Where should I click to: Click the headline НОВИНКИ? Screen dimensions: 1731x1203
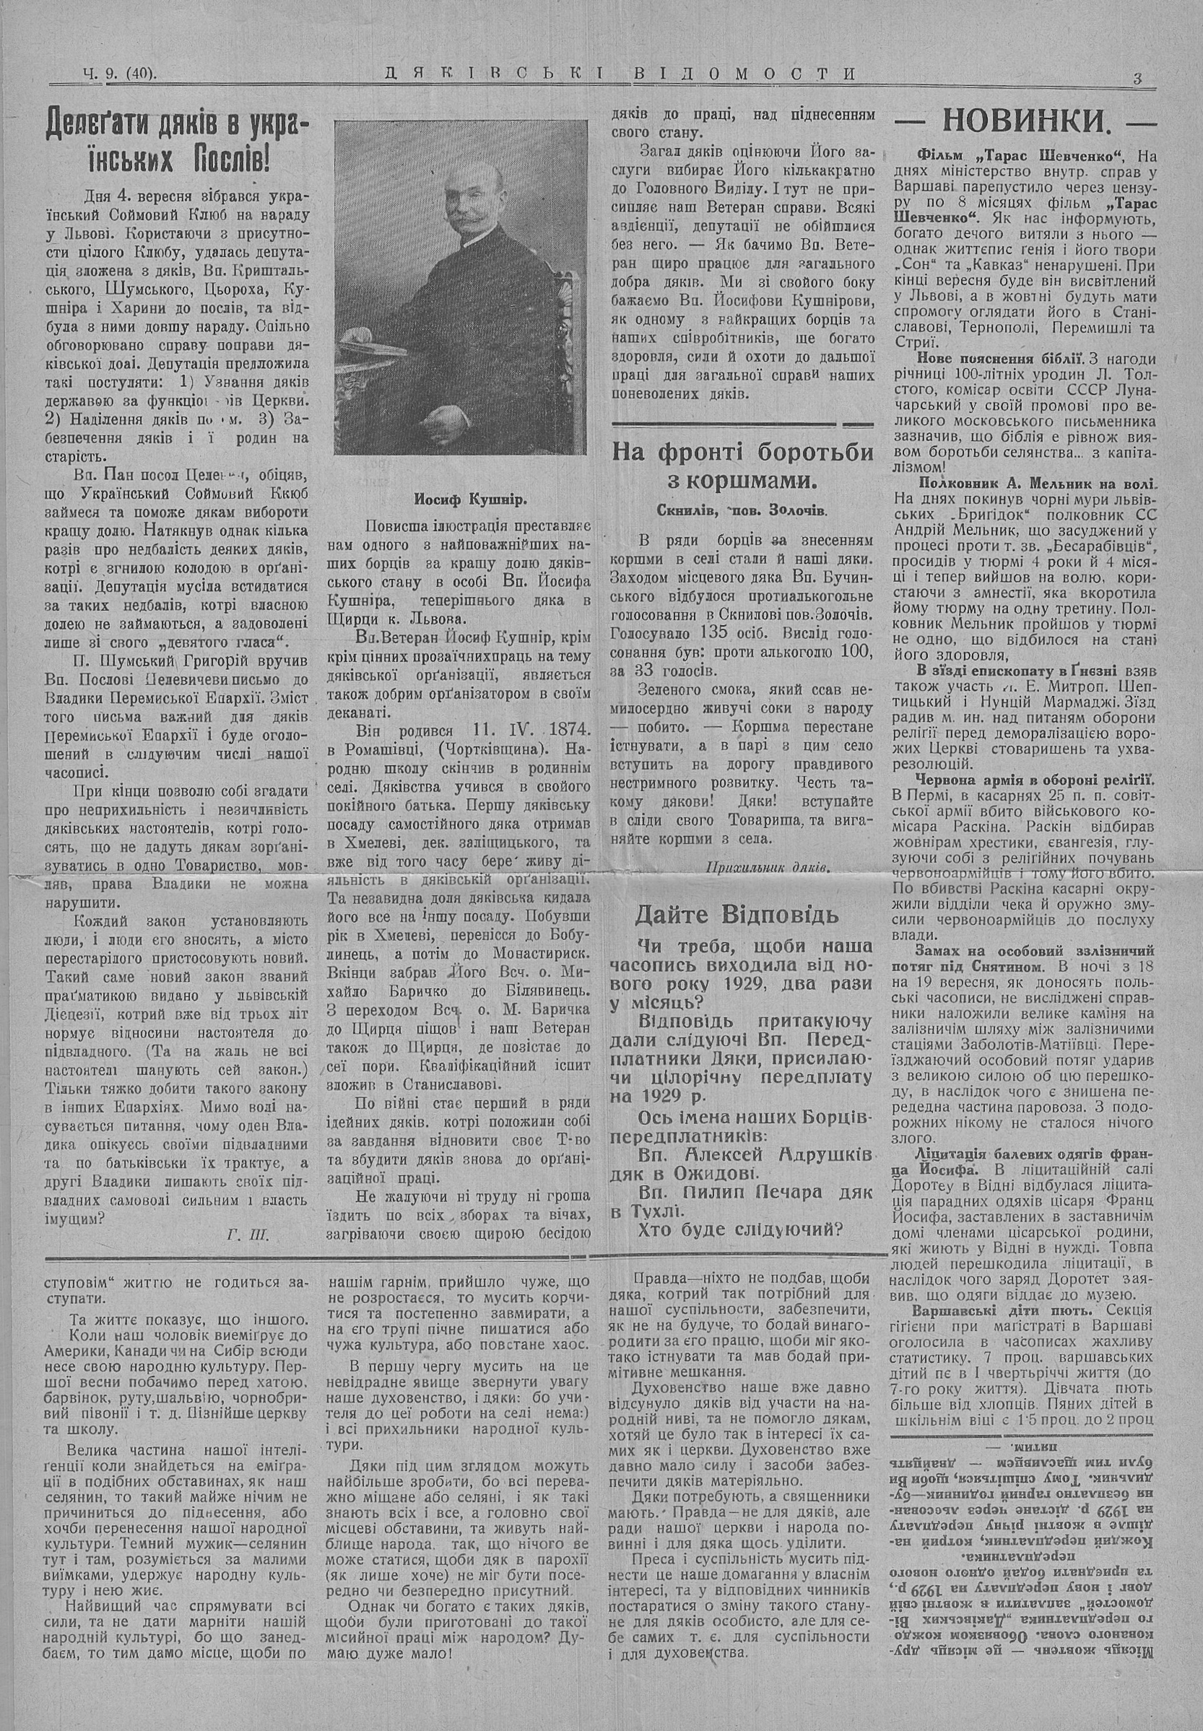(1027, 121)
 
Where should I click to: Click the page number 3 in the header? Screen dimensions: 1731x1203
(1138, 77)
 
